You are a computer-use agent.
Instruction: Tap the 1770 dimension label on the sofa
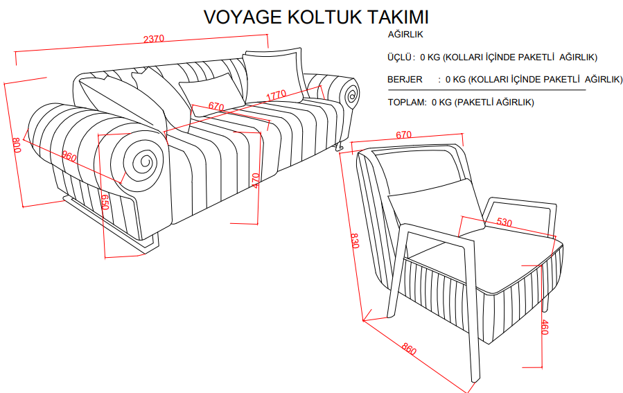pos(276,94)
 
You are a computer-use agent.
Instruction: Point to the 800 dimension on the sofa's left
pos(17,146)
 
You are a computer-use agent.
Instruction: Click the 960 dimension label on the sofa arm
pos(69,157)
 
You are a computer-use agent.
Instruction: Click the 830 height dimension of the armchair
pos(354,241)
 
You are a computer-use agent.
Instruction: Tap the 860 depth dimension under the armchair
pos(408,350)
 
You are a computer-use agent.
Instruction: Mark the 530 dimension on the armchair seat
pos(504,222)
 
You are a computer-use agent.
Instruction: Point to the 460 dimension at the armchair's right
pos(544,328)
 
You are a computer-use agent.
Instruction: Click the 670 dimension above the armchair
pos(404,135)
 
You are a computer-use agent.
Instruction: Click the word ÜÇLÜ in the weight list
pos(401,58)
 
